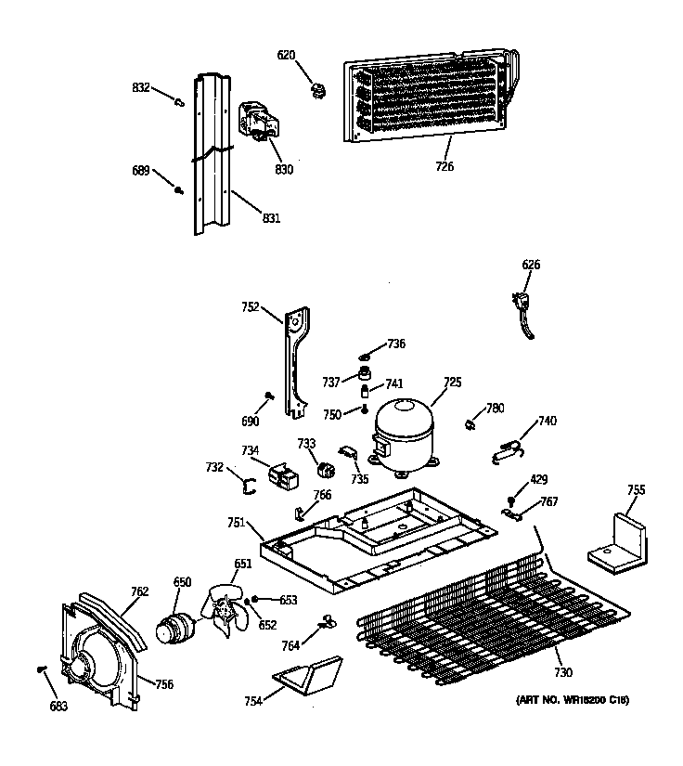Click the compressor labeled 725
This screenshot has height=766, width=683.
click(403, 432)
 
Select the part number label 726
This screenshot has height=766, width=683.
click(445, 167)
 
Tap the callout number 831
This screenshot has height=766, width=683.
click(270, 218)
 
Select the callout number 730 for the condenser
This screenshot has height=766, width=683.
click(563, 672)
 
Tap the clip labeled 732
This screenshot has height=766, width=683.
click(249, 481)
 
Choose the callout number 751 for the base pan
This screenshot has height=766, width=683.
click(237, 524)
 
